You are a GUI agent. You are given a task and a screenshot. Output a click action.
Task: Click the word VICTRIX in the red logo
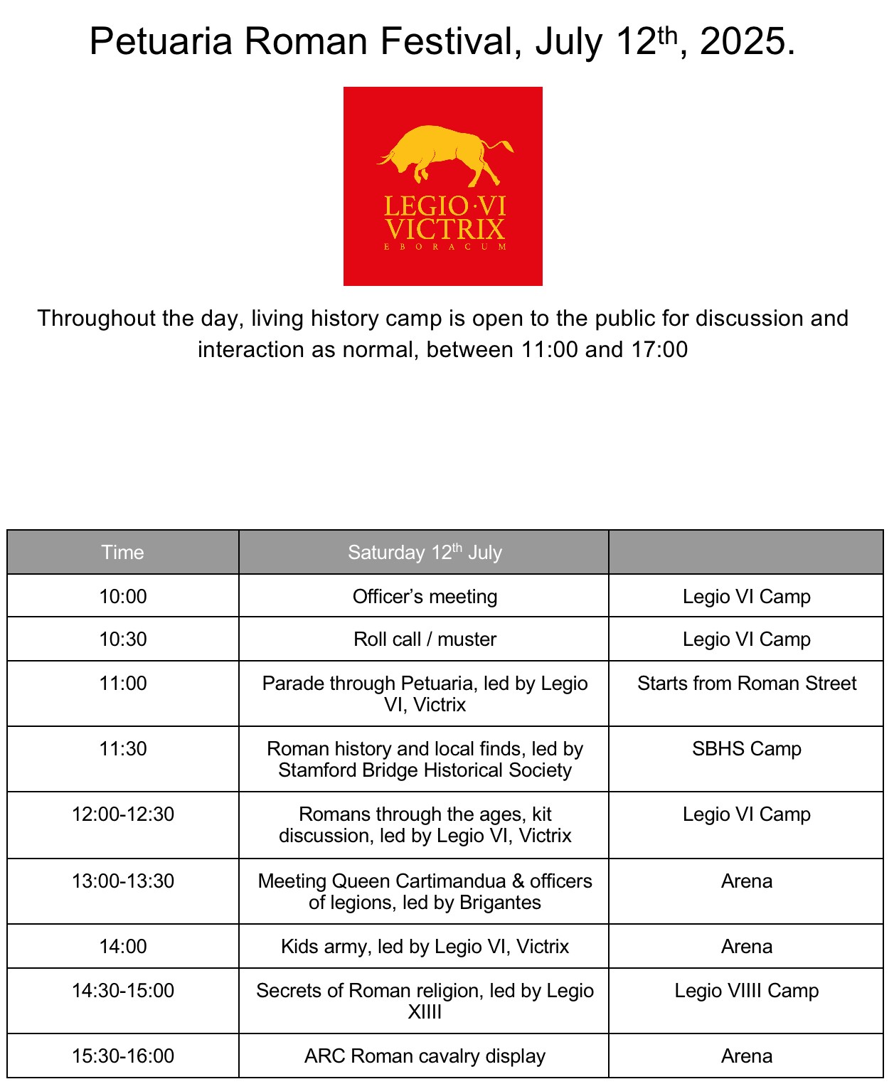coord(445,230)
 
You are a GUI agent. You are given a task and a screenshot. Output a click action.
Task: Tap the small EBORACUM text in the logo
coord(445,247)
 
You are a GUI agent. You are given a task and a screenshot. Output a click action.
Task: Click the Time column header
coord(122,553)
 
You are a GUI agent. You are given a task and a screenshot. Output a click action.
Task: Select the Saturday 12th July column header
coord(425,553)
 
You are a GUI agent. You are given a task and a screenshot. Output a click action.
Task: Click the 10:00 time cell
coord(122,597)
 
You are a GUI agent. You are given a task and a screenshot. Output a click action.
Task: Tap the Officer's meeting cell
coord(425,597)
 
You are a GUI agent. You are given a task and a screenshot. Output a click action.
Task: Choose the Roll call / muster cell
coord(425,639)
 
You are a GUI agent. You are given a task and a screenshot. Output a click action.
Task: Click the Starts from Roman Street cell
coord(746,684)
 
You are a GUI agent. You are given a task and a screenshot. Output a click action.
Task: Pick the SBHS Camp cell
coord(746,749)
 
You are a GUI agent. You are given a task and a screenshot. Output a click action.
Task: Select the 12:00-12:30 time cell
coord(122,814)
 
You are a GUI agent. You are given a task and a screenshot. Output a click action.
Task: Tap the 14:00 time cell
coord(122,947)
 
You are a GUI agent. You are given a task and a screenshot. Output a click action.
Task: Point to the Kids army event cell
coord(425,947)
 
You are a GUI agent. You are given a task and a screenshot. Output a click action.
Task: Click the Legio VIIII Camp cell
coord(746,991)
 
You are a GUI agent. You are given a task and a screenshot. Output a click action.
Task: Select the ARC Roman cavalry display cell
coord(425,1056)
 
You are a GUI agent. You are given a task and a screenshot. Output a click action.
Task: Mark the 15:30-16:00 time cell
coord(122,1056)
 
